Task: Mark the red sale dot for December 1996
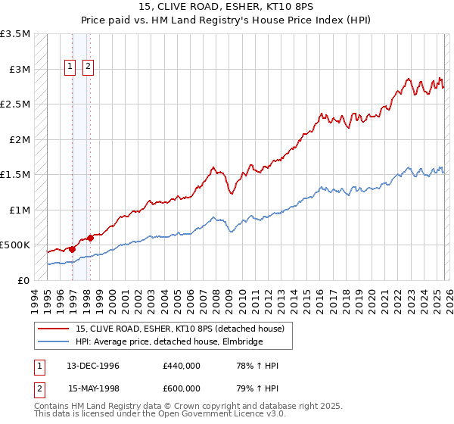(x=73, y=248)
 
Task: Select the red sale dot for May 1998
(x=90, y=237)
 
